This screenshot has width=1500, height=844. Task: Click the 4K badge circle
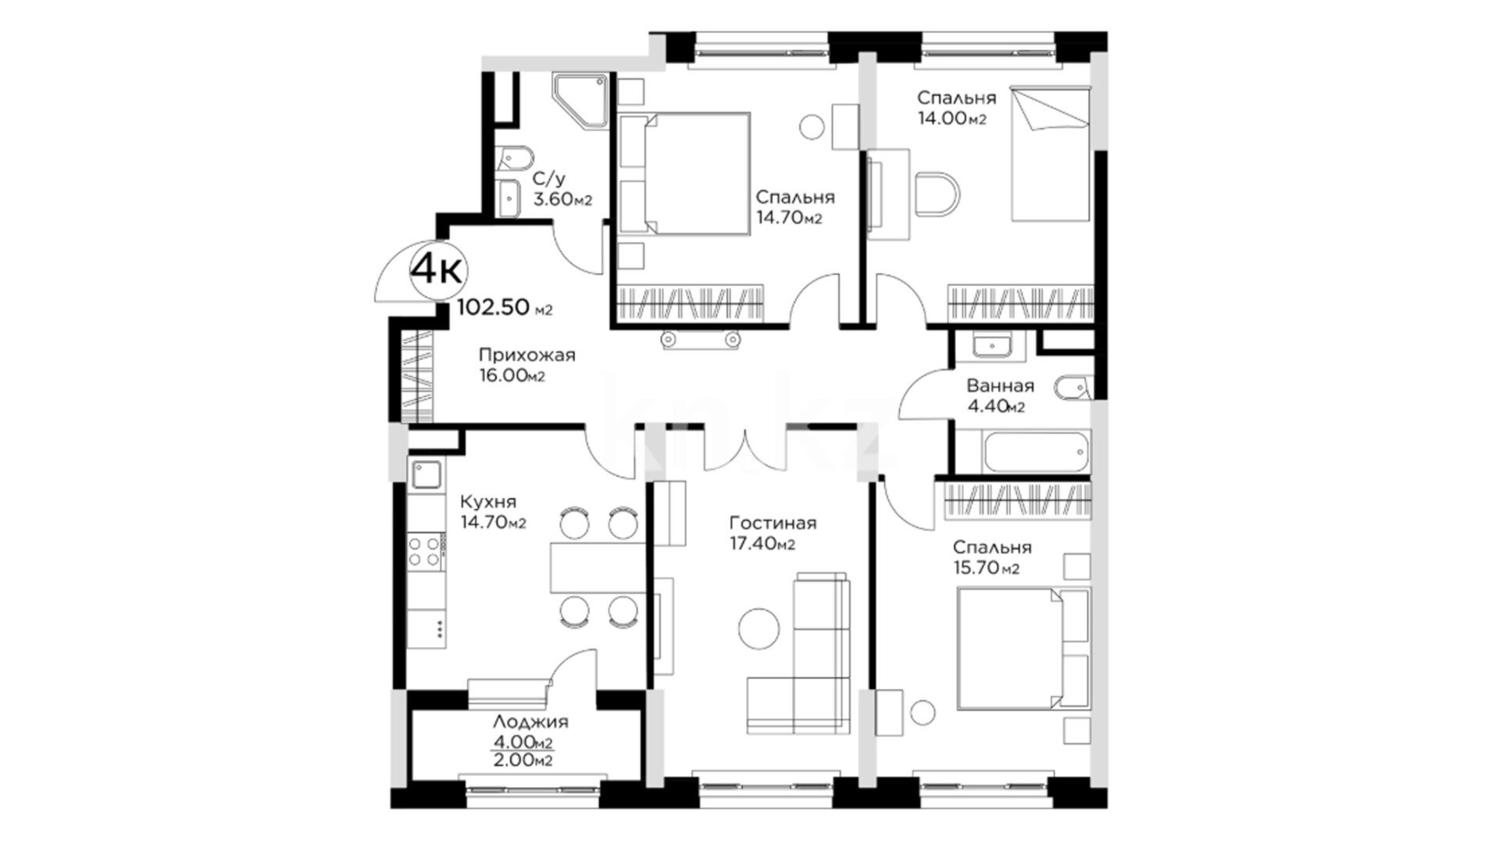[438, 271]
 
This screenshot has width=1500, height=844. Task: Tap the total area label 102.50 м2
[505, 308]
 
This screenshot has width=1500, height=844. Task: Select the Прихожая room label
[527, 356]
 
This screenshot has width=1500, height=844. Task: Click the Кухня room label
[487, 502]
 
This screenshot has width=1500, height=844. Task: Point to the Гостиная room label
[773, 523]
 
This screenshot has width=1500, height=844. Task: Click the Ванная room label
[1000, 386]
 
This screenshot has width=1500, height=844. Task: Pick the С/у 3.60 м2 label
[562, 189]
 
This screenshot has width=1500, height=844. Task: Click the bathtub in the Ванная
[1036, 452]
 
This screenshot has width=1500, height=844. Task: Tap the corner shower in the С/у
[580, 102]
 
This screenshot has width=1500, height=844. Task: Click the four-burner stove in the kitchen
[426, 550]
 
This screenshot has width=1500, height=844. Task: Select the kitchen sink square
[426, 474]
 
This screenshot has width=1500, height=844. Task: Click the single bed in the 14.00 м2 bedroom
[1050, 153]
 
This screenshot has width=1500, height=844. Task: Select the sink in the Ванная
[992, 345]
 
